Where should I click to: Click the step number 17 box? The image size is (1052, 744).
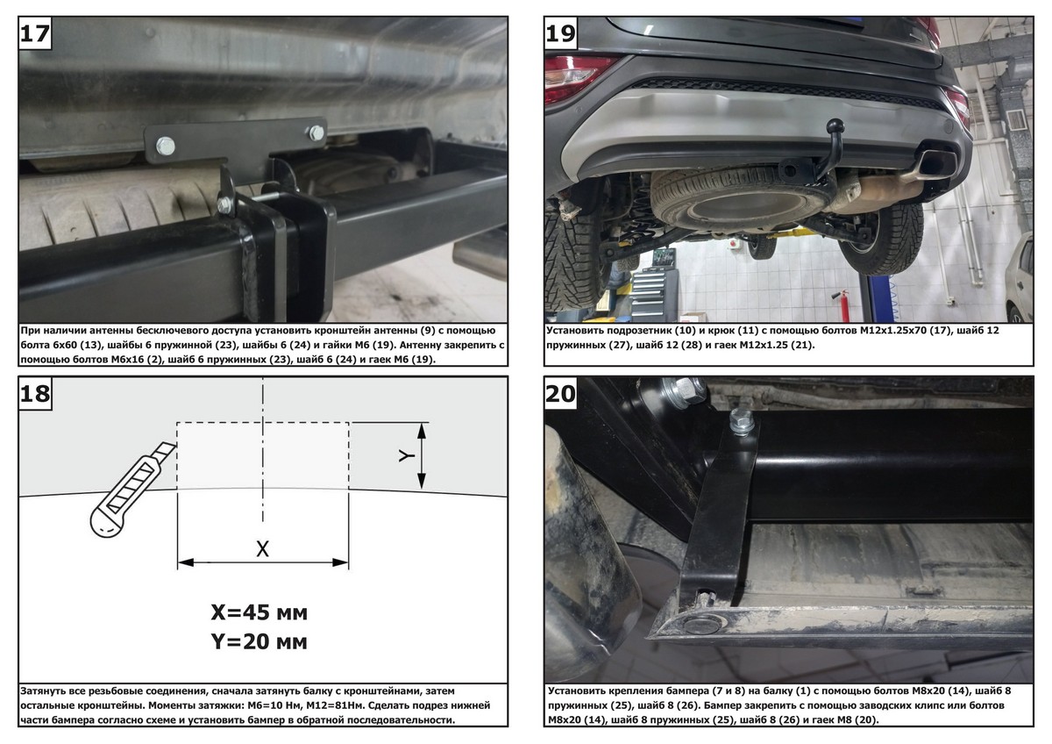pyautogui.click(x=35, y=33)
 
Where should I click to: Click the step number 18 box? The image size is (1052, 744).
pyautogui.click(x=35, y=393)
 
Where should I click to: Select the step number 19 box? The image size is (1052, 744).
pyautogui.click(x=561, y=33)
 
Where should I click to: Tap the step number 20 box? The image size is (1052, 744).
pyautogui.click(x=561, y=393)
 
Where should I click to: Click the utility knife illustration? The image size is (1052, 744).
pyautogui.click(x=132, y=490)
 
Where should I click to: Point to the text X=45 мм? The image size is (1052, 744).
pyautogui.click(x=259, y=612)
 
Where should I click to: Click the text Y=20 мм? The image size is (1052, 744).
pyautogui.click(x=259, y=641)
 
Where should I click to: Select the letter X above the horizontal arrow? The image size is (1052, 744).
pyautogui.click(x=262, y=548)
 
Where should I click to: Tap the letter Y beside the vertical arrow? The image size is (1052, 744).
pyautogui.click(x=407, y=455)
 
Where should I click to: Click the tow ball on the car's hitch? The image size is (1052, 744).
pyautogui.click(x=835, y=126)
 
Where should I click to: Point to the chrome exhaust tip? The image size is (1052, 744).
pyautogui.click(x=936, y=164)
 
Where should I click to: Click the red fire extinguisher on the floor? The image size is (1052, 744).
pyautogui.click(x=844, y=304)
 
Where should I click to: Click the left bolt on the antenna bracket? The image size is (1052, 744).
pyautogui.click(x=166, y=147)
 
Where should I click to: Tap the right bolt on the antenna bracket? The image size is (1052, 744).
pyautogui.click(x=316, y=133)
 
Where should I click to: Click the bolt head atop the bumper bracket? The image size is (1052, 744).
pyautogui.click(x=742, y=419)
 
